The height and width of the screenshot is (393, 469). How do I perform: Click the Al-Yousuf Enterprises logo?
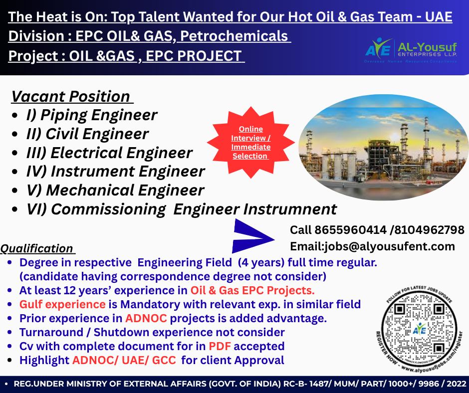[411, 50]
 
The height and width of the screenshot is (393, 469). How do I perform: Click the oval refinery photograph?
[381, 147]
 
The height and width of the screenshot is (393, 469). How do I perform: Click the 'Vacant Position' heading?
[70, 96]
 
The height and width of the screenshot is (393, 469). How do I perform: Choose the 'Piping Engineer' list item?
[91, 115]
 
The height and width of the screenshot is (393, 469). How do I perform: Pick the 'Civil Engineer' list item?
[87, 134]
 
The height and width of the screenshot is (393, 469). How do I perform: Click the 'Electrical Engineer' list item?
[109, 153]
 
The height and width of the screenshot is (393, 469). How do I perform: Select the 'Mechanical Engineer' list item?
[115, 190]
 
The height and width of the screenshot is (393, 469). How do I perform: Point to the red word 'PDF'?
[220, 346]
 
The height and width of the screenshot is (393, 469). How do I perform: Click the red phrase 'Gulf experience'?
[62, 304]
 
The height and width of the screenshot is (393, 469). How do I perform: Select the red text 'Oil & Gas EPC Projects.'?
[252, 290]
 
